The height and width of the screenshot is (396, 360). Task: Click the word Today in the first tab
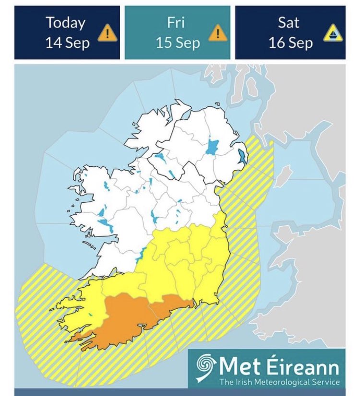click(65, 23)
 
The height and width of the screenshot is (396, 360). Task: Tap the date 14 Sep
click(67, 43)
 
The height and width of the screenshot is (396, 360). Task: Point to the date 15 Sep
click(178, 43)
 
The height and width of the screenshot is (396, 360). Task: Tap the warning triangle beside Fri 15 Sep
click(217, 33)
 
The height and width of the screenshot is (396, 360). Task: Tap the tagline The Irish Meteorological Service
click(279, 382)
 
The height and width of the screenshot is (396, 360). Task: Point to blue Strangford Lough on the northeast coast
click(242, 156)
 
